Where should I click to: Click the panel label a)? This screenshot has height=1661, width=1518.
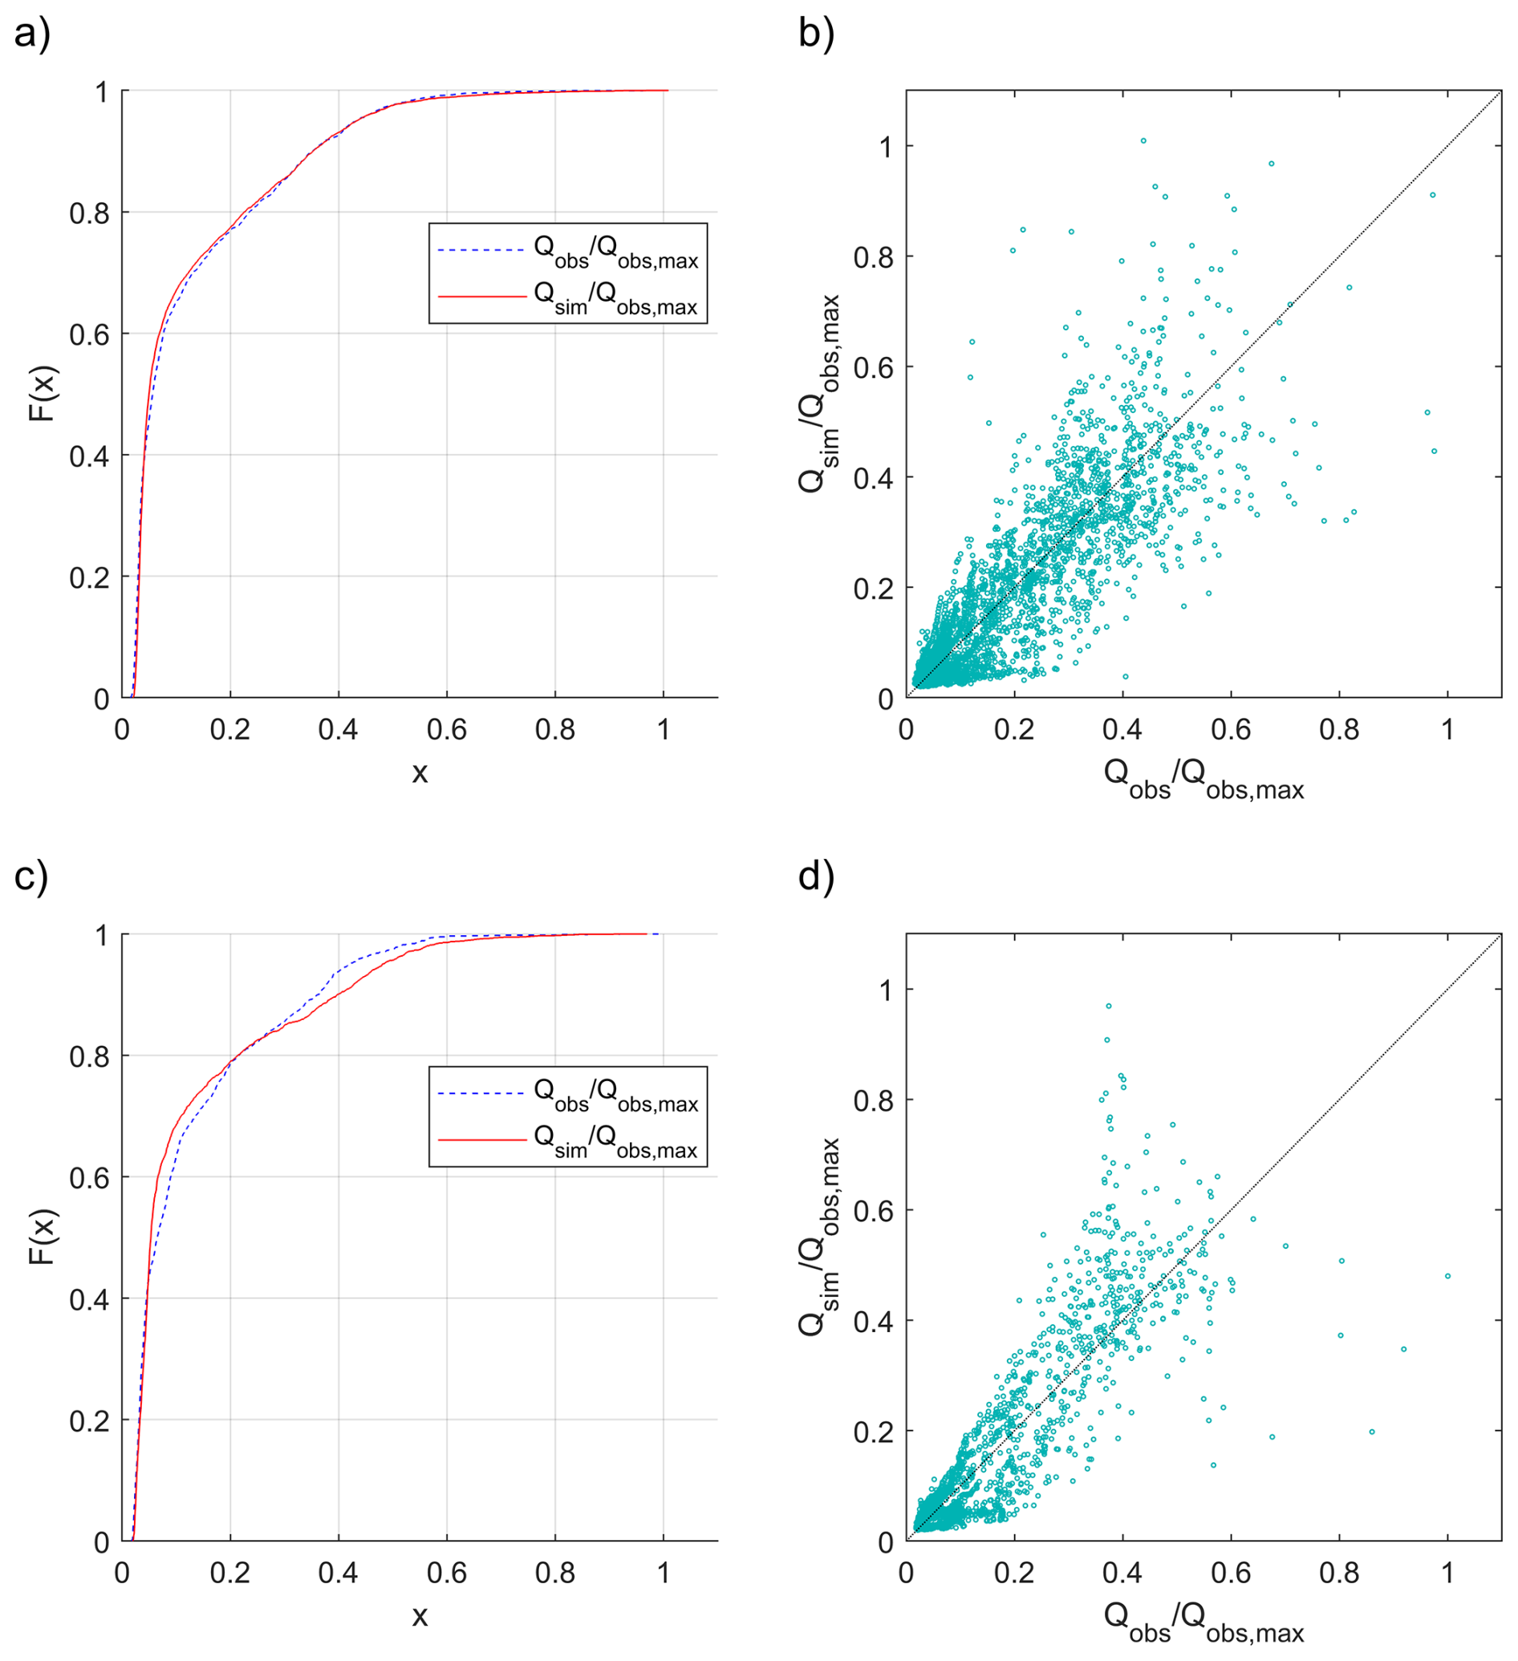[32, 34]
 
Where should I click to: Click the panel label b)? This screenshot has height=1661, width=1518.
[816, 34]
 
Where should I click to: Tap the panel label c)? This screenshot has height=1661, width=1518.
[31, 877]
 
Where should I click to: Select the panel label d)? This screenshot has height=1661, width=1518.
[816, 877]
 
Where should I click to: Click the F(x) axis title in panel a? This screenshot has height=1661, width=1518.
[41, 393]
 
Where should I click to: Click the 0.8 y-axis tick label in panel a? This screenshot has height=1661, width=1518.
[89, 213]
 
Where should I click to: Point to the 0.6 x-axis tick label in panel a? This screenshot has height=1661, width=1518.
[447, 730]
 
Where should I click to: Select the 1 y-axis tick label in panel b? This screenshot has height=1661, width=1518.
[886, 148]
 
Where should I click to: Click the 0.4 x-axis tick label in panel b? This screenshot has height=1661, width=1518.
[1122, 730]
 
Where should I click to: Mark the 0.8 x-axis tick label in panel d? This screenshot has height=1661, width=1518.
[1339, 1573]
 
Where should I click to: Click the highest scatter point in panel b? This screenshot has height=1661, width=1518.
[1143, 141]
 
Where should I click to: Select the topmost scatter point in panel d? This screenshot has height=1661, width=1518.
[1109, 1006]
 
